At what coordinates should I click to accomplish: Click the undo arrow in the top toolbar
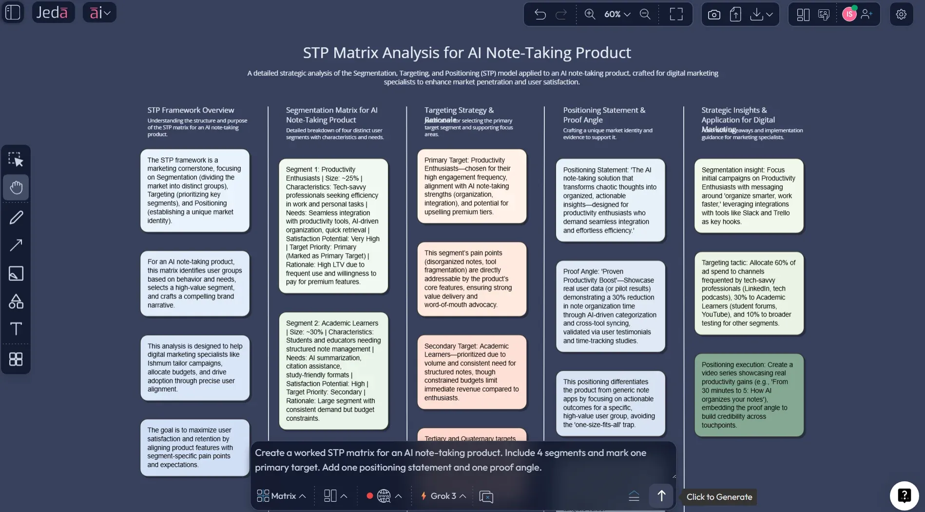[x=540, y=15]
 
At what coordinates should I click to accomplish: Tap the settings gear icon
[x=901, y=15]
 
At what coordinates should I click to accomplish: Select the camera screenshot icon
[x=714, y=15]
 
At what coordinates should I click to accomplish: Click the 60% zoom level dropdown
[x=617, y=15]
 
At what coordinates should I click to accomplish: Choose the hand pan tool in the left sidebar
[x=16, y=187]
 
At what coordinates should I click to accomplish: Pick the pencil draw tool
[x=16, y=217]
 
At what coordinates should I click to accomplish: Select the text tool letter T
[x=16, y=329]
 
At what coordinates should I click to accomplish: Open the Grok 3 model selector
[x=443, y=496]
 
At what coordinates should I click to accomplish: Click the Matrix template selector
[x=282, y=496]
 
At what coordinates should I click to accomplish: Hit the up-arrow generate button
[x=661, y=496]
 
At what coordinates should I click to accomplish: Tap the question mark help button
[x=904, y=495]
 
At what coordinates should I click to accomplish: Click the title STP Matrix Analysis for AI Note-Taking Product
[x=466, y=53]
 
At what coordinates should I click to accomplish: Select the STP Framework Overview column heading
[x=191, y=110]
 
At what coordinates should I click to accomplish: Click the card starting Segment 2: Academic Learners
[x=333, y=371]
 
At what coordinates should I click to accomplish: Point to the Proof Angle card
[x=610, y=306]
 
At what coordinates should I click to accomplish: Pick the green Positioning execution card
[x=749, y=394]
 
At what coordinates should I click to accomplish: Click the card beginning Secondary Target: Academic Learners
[x=472, y=372]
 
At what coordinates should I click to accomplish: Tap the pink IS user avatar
[x=849, y=15]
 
